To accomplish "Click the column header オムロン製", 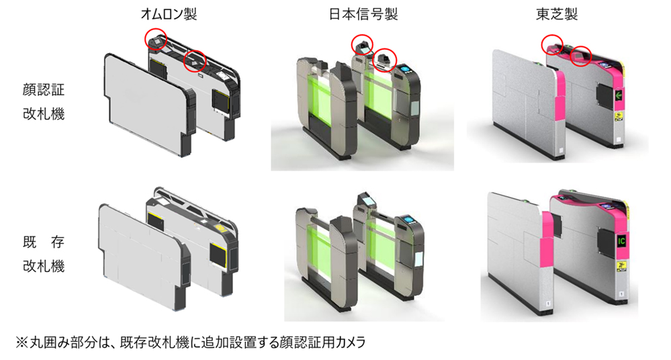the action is point(169,14).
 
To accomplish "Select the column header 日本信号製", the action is point(363,14).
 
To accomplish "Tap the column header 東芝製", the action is point(557,14).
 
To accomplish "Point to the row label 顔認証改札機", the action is point(44,102).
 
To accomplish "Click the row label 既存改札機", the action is point(44,255).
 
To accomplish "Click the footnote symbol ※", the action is point(21,343).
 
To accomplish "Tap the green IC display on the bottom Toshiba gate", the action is point(621,241).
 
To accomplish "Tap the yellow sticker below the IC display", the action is point(621,267).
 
